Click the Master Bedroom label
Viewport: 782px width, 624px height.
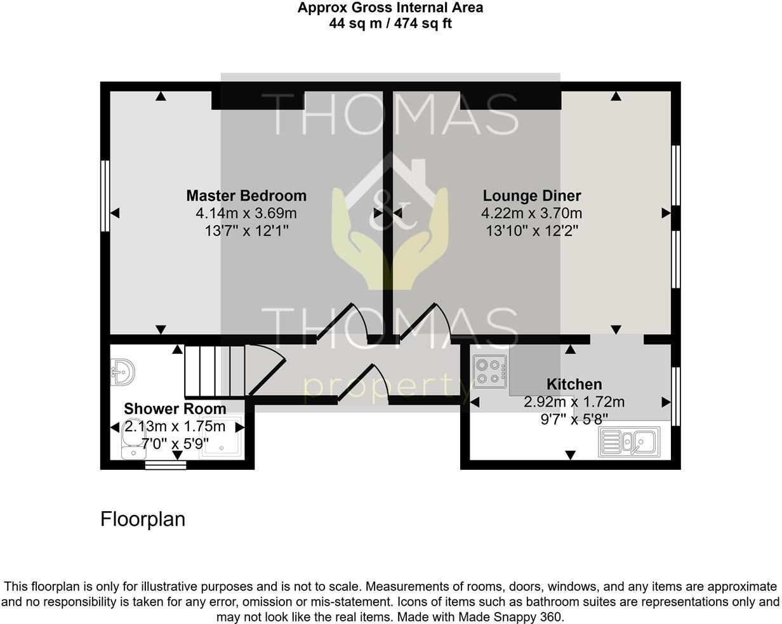point(246,196)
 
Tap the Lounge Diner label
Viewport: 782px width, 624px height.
point(532,196)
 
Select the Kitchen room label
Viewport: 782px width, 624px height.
point(574,384)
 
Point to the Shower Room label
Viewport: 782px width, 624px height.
point(175,409)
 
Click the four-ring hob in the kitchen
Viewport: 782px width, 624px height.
point(489,372)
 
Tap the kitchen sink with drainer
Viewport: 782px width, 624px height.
point(629,441)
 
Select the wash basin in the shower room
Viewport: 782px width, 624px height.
point(123,372)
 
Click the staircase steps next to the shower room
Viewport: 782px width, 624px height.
point(215,370)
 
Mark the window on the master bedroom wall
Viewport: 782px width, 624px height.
point(105,196)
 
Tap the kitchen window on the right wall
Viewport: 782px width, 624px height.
point(675,396)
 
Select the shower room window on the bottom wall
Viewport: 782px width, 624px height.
point(166,465)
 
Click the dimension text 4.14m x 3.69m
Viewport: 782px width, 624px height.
point(246,214)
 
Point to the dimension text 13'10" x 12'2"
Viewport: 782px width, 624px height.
point(532,231)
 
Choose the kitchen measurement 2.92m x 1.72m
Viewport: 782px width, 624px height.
point(574,402)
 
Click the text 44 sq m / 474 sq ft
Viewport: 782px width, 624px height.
point(390,23)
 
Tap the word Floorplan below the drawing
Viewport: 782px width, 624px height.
point(143,519)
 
